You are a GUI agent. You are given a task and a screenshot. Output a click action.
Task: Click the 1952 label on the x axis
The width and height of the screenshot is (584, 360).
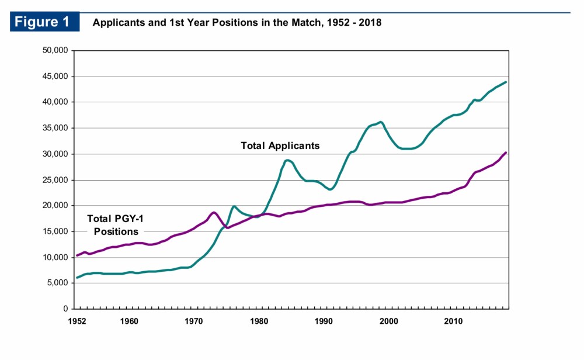[77, 321]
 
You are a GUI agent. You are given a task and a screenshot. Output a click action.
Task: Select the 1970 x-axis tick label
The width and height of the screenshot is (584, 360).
[194, 321]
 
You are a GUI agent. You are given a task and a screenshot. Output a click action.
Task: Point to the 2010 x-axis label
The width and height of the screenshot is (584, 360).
[454, 321]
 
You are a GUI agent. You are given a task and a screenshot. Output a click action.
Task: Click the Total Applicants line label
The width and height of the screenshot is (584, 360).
[280, 146]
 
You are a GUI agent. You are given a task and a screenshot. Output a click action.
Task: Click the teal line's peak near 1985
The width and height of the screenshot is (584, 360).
[287, 160]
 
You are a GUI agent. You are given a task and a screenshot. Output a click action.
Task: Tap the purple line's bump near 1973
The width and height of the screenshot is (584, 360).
[214, 212]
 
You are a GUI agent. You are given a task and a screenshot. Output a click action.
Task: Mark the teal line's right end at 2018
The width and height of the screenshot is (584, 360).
[506, 82]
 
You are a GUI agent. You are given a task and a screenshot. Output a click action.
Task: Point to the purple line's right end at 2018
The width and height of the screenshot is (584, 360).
[506, 153]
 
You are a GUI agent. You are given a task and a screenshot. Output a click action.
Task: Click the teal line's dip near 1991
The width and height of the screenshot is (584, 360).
[331, 189]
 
